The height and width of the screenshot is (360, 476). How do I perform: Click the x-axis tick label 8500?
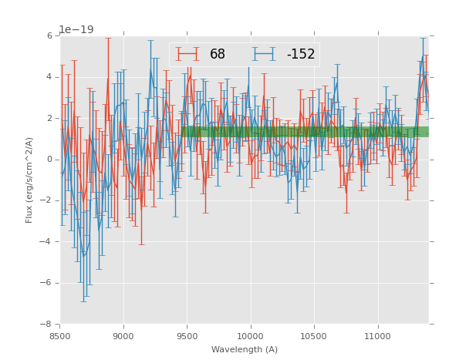[x=60, y=336]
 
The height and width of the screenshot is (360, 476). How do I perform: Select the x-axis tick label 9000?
[x=123, y=336]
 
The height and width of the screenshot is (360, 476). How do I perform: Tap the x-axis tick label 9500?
[x=187, y=336]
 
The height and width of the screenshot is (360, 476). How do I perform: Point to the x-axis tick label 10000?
[x=250, y=336]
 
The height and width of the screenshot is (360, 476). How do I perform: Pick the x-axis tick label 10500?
[x=314, y=336]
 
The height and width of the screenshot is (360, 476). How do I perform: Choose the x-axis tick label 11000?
[x=377, y=336]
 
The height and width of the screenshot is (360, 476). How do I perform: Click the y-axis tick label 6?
[x=49, y=35]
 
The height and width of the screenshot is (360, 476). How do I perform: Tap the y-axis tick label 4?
[x=49, y=77]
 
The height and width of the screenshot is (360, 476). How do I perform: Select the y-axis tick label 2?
[x=49, y=118]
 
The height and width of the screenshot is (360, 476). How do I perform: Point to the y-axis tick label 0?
[x=49, y=160]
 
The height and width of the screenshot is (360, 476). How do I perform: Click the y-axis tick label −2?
[x=47, y=200]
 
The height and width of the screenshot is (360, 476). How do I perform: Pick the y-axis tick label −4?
[x=47, y=241]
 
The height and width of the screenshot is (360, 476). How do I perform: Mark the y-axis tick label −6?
[x=47, y=283]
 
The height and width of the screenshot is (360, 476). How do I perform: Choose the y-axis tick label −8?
[x=47, y=324]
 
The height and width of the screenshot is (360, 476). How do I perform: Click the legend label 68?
[x=218, y=55]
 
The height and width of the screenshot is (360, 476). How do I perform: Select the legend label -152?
[x=300, y=55]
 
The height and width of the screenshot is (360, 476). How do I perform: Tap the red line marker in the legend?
[x=187, y=54]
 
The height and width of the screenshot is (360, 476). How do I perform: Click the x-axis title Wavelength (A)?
[x=245, y=349]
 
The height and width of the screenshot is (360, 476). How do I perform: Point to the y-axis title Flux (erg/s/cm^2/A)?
[x=29, y=180]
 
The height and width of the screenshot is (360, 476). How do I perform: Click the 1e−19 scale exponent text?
[x=76, y=29]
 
